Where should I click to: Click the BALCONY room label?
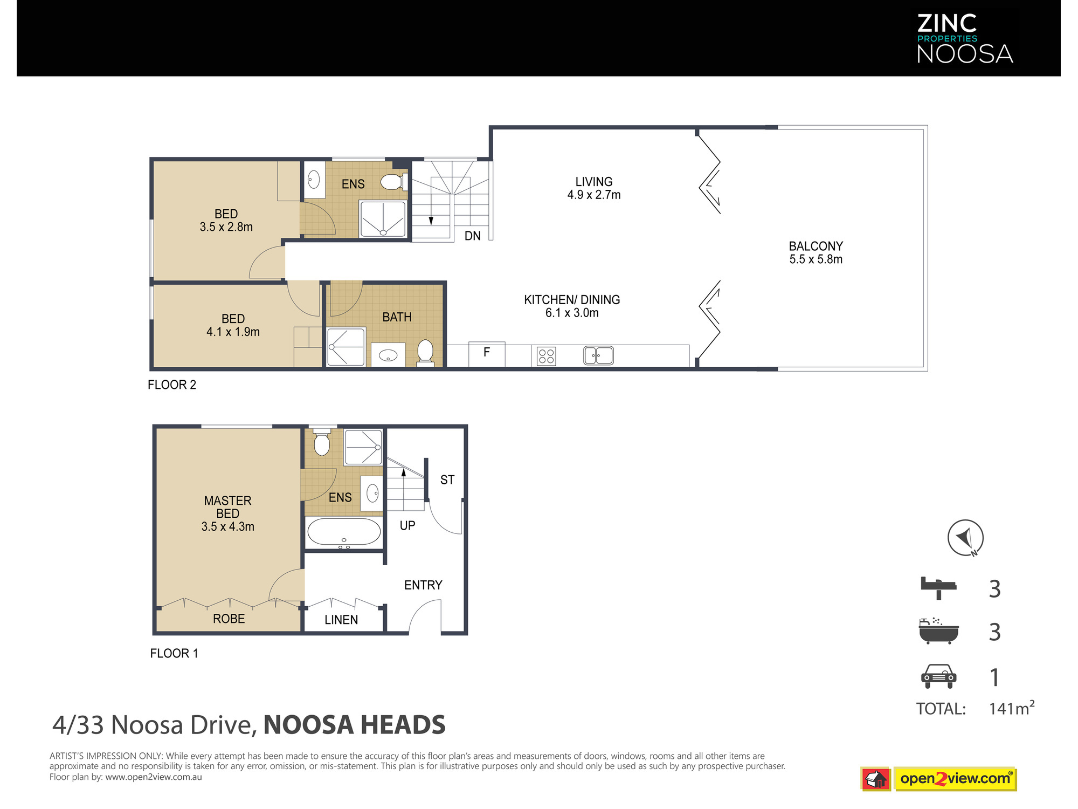pos(816,246)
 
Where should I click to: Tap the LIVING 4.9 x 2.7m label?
pos(594,188)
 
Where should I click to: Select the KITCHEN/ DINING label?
pos(572,300)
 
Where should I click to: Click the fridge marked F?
pos(487,354)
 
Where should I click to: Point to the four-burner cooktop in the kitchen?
pos(546,356)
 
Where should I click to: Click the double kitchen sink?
pos(598,355)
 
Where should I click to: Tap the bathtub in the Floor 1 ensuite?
pos(344,532)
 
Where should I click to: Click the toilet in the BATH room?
pos(425,353)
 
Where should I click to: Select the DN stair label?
pos(473,236)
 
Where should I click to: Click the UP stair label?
pos(407,525)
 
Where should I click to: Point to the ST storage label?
pos(447,479)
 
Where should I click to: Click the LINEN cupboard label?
pos(341,620)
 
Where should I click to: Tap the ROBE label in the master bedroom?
pos(229,619)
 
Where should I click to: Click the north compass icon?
pos(965,538)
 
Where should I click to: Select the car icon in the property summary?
pos(938,676)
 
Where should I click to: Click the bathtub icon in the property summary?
pos(938,631)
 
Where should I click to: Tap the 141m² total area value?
pos(1012,708)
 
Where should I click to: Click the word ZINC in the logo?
pos(947,23)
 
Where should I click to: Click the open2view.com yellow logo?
pos(955,779)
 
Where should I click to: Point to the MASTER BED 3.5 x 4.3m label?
pos(228,513)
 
